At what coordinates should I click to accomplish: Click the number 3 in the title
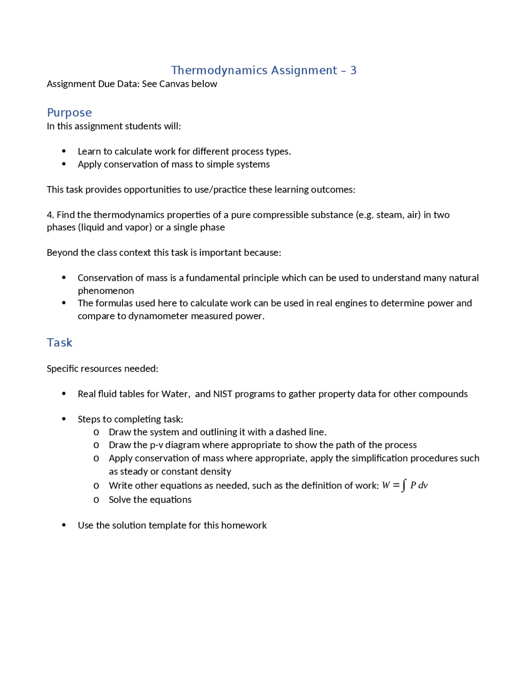click(x=353, y=70)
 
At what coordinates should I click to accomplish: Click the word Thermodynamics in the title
click(x=219, y=70)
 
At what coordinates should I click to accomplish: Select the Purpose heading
click(x=69, y=112)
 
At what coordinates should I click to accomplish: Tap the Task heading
click(x=59, y=342)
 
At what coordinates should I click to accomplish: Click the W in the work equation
click(x=386, y=485)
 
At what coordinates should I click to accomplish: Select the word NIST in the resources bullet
click(x=223, y=394)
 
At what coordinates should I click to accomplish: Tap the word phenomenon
click(x=106, y=291)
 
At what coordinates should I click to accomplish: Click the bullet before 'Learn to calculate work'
click(x=64, y=151)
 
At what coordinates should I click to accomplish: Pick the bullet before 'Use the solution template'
click(x=64, y=525)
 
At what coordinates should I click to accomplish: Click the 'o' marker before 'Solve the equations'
click(x=96, y=500)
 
